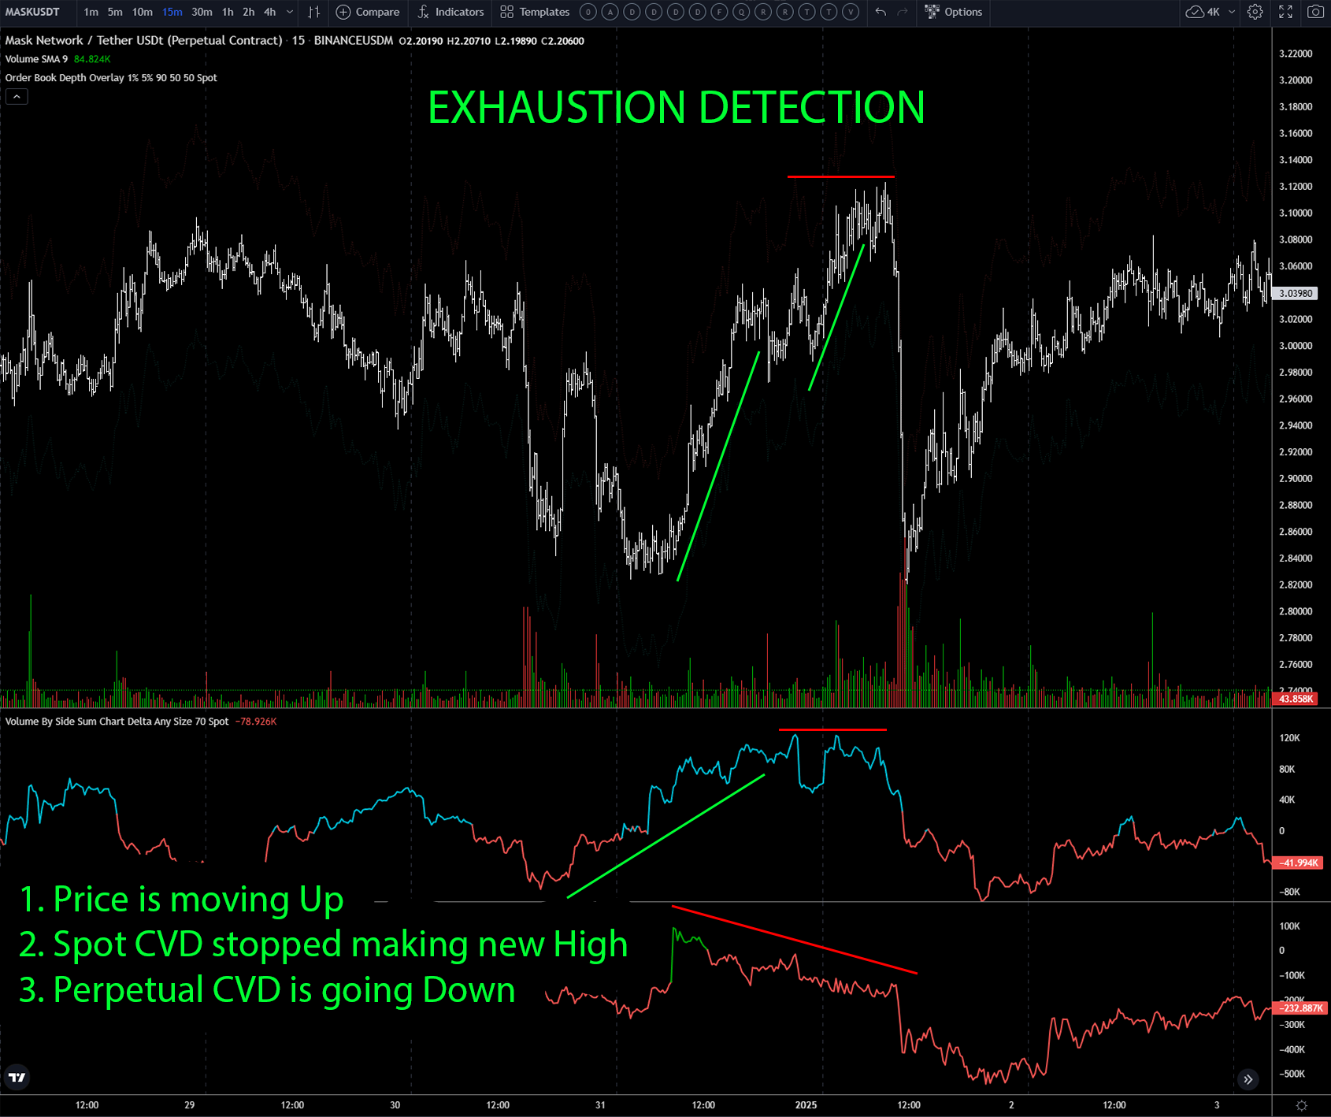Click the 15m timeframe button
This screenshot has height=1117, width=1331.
[172, 12]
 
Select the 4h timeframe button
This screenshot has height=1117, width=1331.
[270, 12]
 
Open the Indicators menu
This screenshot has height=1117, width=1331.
[450, 12]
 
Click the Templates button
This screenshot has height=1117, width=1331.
[535, 12]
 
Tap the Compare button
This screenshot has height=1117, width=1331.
[368, 12]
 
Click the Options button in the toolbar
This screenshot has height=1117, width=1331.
[954, 12]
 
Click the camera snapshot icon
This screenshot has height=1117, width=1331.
[1315, 12]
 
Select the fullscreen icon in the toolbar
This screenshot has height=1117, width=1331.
[1285, 12]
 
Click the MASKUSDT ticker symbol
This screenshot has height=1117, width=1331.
[32, 12]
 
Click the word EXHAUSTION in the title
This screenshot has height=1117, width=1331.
[556, 107]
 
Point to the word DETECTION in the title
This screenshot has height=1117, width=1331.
[811, 107]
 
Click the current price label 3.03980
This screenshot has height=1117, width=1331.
[1296, 293]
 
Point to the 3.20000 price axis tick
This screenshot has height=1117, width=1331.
[1296, 80]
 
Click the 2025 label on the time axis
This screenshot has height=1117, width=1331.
[806, 1104]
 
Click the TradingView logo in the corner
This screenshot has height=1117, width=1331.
[17, 1077]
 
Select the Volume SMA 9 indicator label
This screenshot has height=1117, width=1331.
[36, 59]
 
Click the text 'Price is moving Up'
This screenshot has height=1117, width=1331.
[198, 899]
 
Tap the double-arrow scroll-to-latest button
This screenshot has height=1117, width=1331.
[1248, 1079]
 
